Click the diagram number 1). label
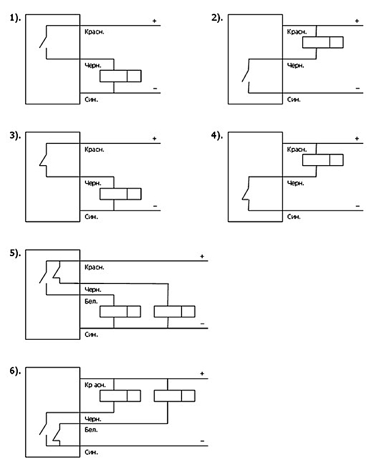click(15, 18)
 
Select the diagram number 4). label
click(217, 136)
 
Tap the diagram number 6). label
click(15, 371)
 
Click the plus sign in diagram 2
click(357, 21)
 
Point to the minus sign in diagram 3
click(155, 206)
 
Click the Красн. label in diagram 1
click(94, 32)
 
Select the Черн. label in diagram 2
click(295, 65)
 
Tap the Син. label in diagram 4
click(294, 217)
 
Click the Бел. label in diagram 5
click(91, 301)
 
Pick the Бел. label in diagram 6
click(91, 430)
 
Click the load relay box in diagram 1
click(121, 76)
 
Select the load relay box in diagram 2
click(323, 42)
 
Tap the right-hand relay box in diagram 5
click(174, 311)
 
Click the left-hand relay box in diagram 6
click(120, 396)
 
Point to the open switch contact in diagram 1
click(44, 42)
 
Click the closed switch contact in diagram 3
click(44, 160)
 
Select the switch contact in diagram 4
click(246, 194)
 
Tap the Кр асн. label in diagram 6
click(95, 385)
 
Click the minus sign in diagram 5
click(203, 324)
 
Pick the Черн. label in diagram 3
click(93, 183)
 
